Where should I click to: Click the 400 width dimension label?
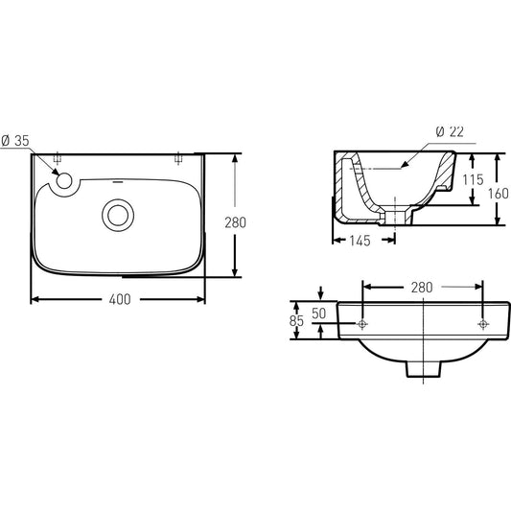coord(120,299)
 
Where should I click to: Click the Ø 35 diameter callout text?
coord(15,141)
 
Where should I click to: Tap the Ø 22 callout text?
coord(450,131)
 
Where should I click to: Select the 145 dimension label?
coord(360,241)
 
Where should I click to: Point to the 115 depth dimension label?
coord(474,179)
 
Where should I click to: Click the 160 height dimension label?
coord(499,194)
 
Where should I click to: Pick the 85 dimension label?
coord(296,321)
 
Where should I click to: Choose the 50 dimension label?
coord(318,314)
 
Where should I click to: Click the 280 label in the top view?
coord(235,222)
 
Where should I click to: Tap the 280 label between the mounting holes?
coord(422,288)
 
